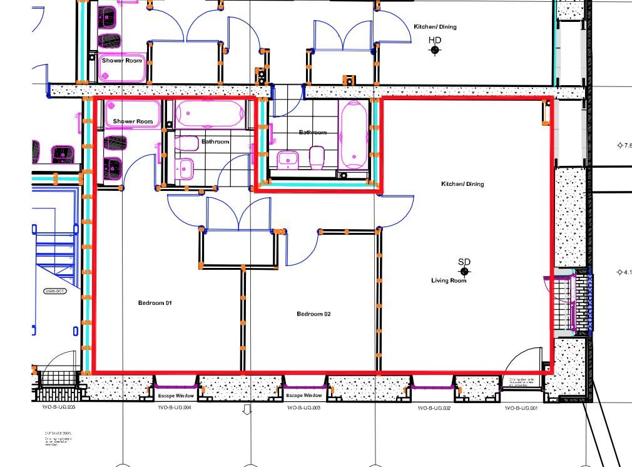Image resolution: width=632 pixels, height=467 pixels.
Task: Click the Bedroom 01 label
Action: (155, 303)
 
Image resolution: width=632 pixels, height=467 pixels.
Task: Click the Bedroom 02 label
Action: (313, 314)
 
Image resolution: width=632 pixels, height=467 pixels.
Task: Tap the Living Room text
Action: (449, 280)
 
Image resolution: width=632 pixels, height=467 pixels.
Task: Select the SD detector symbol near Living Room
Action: (464, 271)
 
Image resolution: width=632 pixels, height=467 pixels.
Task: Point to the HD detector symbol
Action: (435, 49)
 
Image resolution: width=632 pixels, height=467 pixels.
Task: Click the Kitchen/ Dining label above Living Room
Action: (462, 184)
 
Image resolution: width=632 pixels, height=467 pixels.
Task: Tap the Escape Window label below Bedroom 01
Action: (176, 396)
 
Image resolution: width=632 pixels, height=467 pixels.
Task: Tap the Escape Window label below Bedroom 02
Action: (304, 396)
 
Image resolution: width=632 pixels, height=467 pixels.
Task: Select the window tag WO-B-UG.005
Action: (54, 408)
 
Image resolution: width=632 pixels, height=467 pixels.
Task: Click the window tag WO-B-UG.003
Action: (304, 408)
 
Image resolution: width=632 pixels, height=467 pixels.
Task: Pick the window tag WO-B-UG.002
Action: (434, 408)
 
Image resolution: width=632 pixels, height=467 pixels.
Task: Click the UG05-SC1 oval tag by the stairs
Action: (55, 292)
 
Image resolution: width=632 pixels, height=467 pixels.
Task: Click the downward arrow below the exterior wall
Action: (247, 410)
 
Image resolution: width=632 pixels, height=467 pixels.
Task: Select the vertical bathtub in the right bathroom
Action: (354, 136)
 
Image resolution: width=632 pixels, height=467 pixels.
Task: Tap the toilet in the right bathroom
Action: (317, 158)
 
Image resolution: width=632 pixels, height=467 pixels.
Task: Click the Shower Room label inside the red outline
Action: (133, 121)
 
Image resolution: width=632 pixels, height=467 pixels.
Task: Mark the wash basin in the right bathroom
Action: (287, 160)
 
